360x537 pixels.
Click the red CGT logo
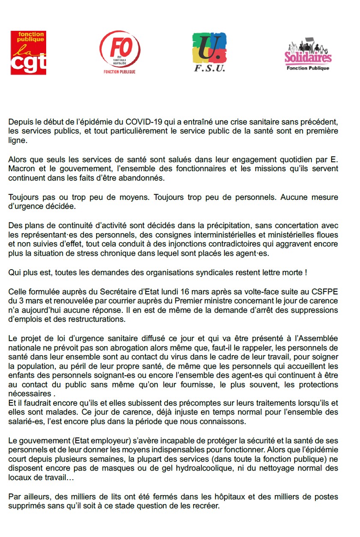[28, 53]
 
